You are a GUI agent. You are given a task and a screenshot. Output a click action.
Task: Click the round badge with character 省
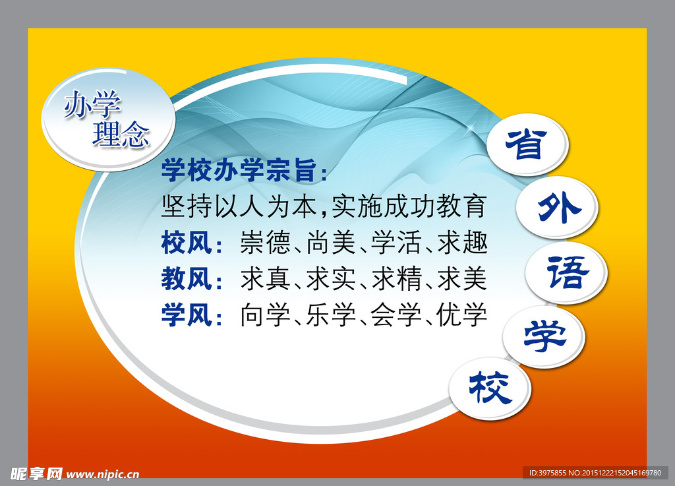(x=527, y=144)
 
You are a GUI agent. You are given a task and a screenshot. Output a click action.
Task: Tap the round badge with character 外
(x=557, y=208)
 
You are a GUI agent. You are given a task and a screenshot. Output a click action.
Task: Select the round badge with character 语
(x=566, y=272)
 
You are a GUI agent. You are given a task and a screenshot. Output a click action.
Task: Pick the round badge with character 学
(x=544, y=336)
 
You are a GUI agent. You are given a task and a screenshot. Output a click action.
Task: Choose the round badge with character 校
(x=490, y=388)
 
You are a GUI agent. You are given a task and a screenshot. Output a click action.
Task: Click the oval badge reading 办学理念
(x=108, y=119)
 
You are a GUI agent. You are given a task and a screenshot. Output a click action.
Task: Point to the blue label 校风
(x=187, y=243)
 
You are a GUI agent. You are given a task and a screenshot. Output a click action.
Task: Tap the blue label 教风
(x=187, y=279)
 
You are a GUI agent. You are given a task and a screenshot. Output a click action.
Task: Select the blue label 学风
(x=187, y=315)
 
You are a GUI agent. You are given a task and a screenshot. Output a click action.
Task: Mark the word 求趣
(x=462, y=243)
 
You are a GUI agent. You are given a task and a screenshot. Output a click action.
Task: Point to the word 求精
(x=397, y=279)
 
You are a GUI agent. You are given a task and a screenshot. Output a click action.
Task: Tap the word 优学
(x=462, y=315)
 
